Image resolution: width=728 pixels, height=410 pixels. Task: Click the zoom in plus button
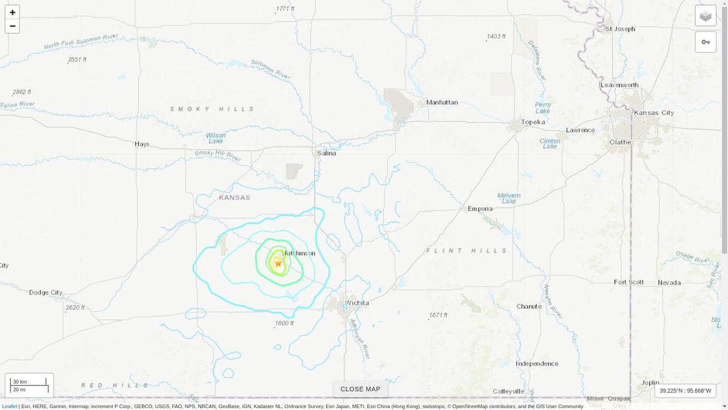tap(12, 12)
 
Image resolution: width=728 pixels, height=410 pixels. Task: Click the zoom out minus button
tap(12, 26)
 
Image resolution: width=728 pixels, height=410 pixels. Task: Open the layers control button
tap(706, 16)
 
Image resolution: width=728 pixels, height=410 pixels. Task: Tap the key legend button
tap(706, 42)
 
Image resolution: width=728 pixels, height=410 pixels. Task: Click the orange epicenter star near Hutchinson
tap(278, 263)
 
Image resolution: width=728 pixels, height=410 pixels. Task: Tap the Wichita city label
tap(357, 302)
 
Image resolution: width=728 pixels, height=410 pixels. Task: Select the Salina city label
tap(326, 153)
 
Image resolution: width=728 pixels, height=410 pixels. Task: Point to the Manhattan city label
tap(442, 102)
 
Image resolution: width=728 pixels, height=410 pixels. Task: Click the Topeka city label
tap(533, 122)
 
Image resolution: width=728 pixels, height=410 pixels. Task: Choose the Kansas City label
tap(653, 113)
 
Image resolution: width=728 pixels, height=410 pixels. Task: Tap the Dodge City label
tap(45, 293)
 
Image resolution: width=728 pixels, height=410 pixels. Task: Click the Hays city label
tap(142, 144)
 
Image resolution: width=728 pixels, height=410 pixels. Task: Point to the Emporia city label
tap(480, 209)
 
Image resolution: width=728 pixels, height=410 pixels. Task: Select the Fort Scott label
tap(629, 282)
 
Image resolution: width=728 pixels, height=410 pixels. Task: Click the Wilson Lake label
tap(216, 138)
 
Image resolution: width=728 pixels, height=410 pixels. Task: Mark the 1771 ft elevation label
tap(285, 9)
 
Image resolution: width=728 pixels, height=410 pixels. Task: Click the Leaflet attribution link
tap(10, 406)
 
